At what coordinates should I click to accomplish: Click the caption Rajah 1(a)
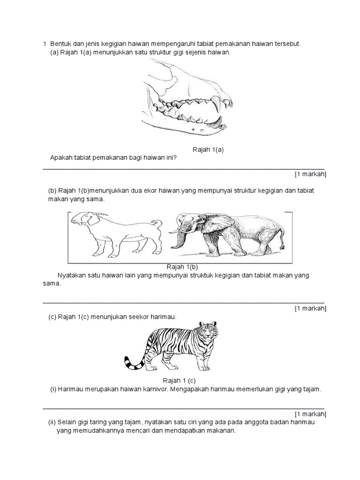(208, 150)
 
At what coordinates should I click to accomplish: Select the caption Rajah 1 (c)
(179, 380)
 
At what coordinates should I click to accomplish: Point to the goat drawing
(115, 234)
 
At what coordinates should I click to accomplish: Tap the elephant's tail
(282, 239)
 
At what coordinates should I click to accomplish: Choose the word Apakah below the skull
(61, 158)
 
